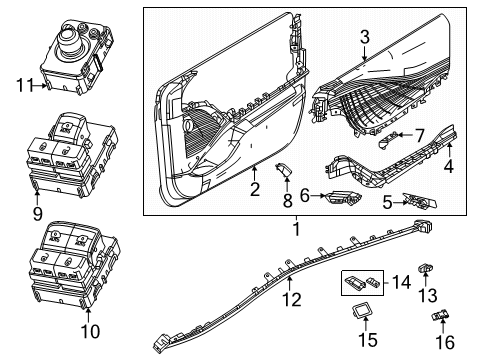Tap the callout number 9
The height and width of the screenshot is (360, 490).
(x=37, y=213)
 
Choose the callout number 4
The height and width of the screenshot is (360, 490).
(x=449, y=168)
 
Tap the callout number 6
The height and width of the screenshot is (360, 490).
(x=303, y=197)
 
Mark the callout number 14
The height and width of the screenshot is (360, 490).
(x=402, y=283)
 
